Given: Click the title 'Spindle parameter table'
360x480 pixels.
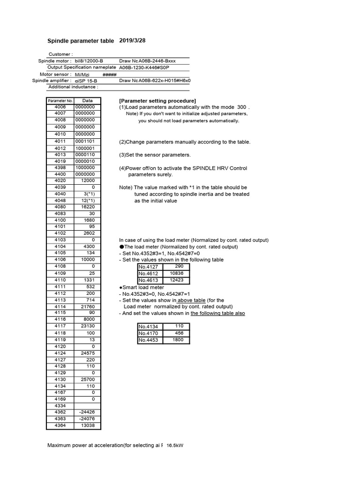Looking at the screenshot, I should [81, 41].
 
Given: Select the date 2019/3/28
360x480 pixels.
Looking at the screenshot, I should [133, 40].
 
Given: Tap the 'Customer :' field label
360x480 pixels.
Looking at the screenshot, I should [60, 54].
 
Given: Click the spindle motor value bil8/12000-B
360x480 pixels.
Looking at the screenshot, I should [89, 61].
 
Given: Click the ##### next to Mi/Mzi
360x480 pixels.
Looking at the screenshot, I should [109, 74].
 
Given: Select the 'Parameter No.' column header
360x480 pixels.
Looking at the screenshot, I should [60, 100].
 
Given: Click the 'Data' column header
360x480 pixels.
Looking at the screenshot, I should [87, 100].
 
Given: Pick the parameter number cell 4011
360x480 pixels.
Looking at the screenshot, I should [60, 141].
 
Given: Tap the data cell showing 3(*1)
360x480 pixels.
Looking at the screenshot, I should [89, 194].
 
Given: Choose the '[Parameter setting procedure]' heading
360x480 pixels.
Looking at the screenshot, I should [157, 101].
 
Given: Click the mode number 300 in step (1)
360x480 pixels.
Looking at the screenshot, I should [242, 107].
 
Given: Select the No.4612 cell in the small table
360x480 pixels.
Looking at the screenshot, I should [149, 274].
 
